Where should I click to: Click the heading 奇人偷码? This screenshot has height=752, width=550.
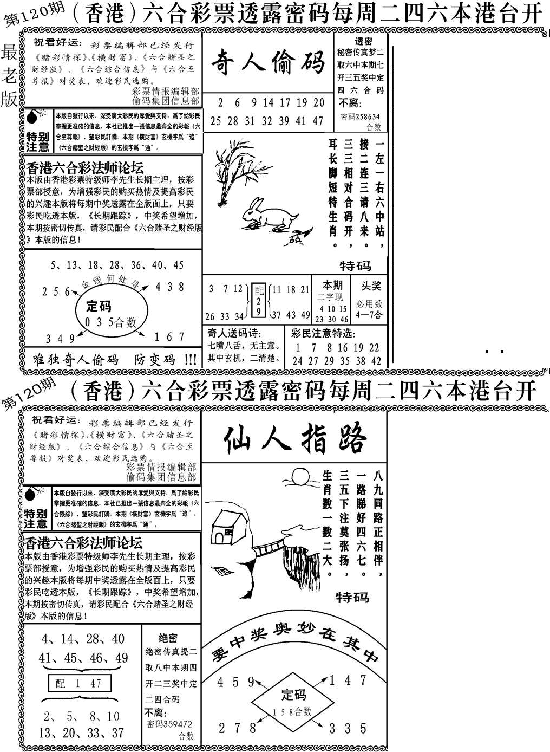point(267,61)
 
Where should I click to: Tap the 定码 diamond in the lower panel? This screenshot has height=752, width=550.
point(293,701)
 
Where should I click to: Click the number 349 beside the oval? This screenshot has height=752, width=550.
point(60,339)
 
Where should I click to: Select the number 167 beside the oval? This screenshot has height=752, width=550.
point(169,337)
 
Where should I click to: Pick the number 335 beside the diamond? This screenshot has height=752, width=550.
point(348,728)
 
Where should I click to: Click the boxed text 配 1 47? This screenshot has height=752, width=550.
point(79,683)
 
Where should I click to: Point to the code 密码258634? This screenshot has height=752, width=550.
point(360,116)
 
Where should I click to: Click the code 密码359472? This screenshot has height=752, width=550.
point(169,724)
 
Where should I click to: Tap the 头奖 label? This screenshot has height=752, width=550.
point(372,286)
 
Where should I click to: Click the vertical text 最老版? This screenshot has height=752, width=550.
point(10,76)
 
